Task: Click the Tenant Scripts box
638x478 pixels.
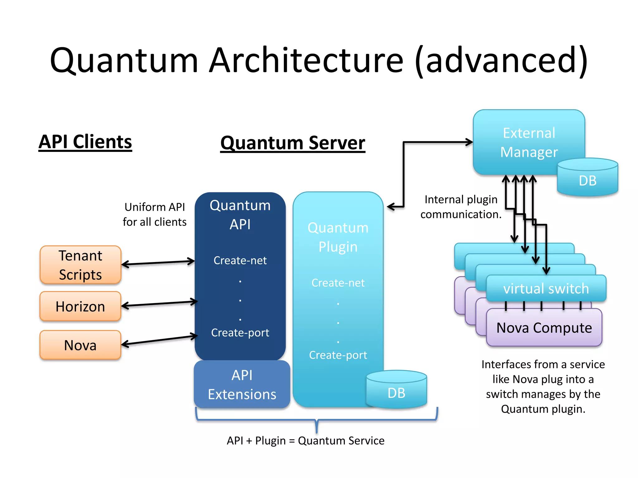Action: pos(80,265)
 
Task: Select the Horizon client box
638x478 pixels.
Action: pos(80,307)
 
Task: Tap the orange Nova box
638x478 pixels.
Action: pos(80,345)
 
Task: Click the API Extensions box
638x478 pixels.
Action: pos(242,385)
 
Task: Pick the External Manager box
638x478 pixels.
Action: pos(529,142)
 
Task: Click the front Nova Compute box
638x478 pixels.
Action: pos(544,328)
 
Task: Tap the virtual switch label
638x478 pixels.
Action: pos(546,289)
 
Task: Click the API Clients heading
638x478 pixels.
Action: pos(85,142)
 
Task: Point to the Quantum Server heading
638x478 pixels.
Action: pos(293,143)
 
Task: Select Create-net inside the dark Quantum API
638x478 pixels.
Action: pos(240,260)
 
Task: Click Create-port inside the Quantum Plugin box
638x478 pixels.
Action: pos(338,355)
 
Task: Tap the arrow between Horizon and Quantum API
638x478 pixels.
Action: pos(159,304)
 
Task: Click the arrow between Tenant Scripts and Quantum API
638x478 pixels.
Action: pos(158,263)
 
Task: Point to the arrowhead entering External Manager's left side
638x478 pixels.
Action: pos(470,142)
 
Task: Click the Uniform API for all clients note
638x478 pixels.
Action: pos(155,214)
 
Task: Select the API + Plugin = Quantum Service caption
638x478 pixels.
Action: pos(305,441)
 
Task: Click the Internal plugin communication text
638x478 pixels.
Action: pos(461,207)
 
